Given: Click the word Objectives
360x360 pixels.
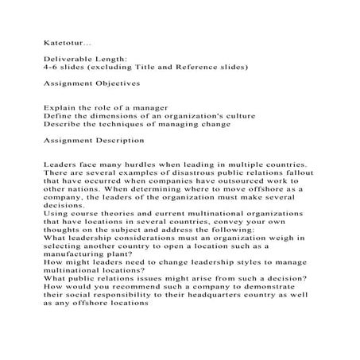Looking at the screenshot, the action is click(x=115, y=83).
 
